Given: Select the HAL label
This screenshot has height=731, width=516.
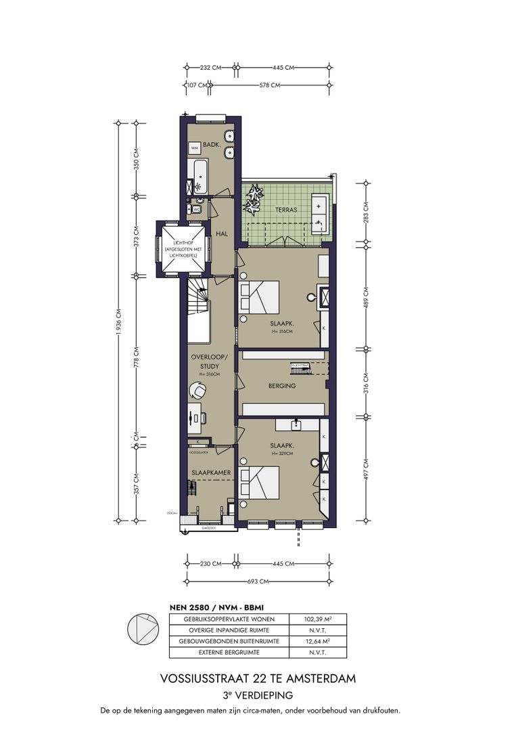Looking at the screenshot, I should (x=221, y=234).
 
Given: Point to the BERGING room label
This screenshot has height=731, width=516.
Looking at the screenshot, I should (x=282, y=386).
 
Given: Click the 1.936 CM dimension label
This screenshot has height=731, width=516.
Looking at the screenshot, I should (x=118, y=321).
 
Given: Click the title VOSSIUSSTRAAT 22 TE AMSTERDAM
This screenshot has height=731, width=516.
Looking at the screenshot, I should (x=258, y=678).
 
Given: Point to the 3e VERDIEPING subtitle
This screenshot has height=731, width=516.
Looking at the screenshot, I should (x=258, y=695).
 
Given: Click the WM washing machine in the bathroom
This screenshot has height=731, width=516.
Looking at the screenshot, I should (x=194, y=148).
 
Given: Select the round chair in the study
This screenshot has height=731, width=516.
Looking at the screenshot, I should (x=198, y=391).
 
